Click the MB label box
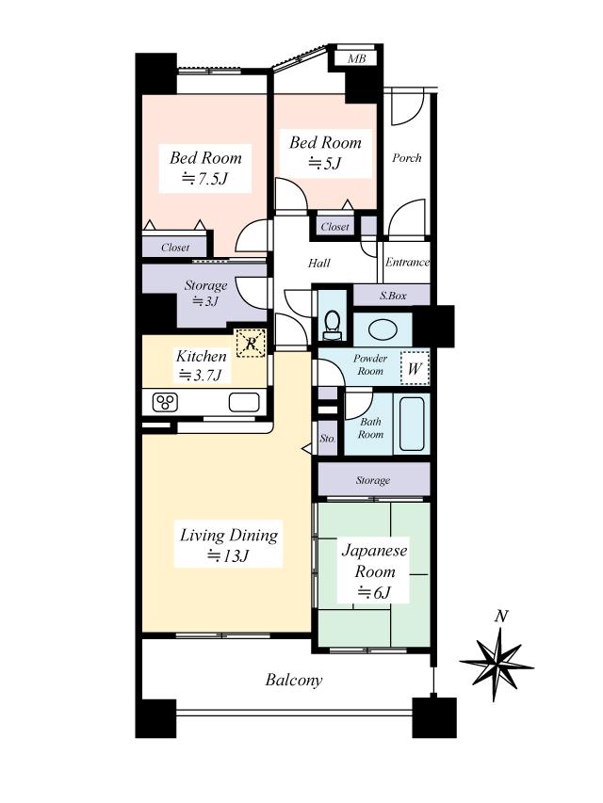pyautogui.click(x=356, y=59)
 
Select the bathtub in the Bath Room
pyautogui.click(x=413, y=425)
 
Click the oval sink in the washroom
pyautogui.click(x=383, y=329)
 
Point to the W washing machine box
pyautogui.click(x=414, y=368)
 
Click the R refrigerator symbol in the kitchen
pyautogui.click(x=250, y=344)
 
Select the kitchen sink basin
pyautogui.click(x=243, y=404)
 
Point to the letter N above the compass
pyautogui.click(x=501, y=617)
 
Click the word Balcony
pyautogui.click(x=294, y=680)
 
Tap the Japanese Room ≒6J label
pyautogui.click(x=374, y=571)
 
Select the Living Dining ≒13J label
pyautogui.click(x=229, y=545)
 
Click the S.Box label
pyautogui.click(x=393, y=296)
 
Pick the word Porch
pyautogui.click(x=406, y=158)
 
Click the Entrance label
pyautogui.click(x=407, y=263)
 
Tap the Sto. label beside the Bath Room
pyautogui.click(x=327, y=439)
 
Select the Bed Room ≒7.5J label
pyautogui.click(x=205, y=168)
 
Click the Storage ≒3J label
pyautogui.click(x=205, y=293)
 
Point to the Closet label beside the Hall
pyautogui.click(x=335, y=227)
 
